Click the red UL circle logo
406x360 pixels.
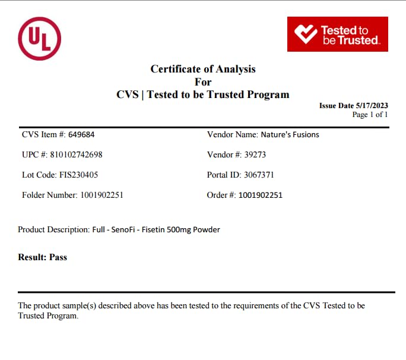click(40, 38)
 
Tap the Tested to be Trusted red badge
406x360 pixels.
click(337, 34)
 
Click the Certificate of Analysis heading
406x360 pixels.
click(203, 69)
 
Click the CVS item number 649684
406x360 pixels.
click(82, 134)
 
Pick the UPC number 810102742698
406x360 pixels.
click(75, 154)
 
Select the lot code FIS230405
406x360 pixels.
click(80, 175)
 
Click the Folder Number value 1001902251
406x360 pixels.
click(101, 195)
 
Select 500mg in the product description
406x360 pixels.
click(180, 229)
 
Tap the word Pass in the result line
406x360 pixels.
click(58, 257)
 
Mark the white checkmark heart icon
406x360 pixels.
click(306, 34)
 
